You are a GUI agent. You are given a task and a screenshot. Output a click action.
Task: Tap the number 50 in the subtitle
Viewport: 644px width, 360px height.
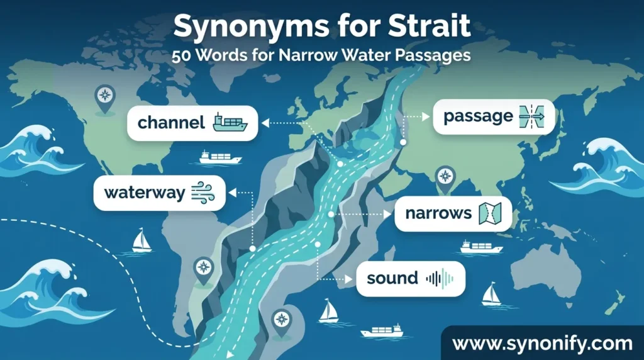(184, 55)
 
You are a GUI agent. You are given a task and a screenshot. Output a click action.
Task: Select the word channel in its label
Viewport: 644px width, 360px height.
(171, 122)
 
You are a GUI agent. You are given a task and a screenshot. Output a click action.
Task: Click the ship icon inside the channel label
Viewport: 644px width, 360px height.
(230, 122)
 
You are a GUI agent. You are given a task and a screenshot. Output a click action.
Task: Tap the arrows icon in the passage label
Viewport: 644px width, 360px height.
(531, 116)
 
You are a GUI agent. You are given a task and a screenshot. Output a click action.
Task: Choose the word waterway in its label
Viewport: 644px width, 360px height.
(145, 192)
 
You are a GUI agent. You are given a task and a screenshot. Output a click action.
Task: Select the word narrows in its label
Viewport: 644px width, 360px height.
(438, 213)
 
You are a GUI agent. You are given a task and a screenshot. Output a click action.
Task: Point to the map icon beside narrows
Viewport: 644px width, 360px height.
(491, 213)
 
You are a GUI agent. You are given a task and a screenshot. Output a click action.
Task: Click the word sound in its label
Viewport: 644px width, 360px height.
(392, 278)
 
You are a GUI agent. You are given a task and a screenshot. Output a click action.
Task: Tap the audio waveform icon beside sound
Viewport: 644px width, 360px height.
(440, 278)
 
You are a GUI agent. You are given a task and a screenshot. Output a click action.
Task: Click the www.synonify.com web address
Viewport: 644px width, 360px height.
(542, 344)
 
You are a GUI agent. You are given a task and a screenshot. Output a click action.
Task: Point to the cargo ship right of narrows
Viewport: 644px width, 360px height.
(481, 246)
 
